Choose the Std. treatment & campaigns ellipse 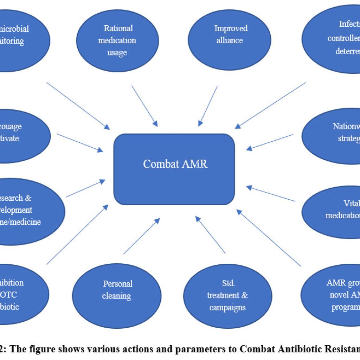227,295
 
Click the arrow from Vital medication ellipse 271,194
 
